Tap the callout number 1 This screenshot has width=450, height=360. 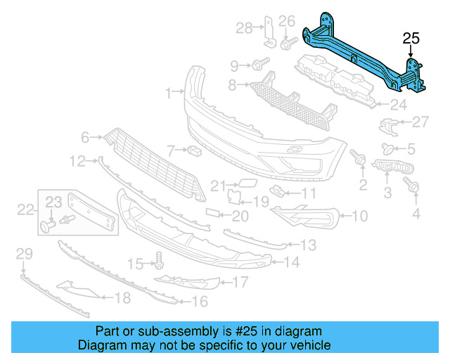[x=169, y=92]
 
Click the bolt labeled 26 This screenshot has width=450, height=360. [x=286, y=44]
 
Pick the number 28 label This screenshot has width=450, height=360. [x=243, y=28]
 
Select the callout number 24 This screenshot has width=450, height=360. [x=399, y=105]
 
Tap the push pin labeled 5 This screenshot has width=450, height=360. [x=387, y=148]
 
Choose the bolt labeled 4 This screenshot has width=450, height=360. [x=413, y=186]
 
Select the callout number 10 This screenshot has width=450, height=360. [x=359, y=217]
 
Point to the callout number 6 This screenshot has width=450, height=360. [x=84, y=137]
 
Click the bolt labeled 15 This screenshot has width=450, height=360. [x=160, y=262]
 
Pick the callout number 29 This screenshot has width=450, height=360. [x=24, y=252]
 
